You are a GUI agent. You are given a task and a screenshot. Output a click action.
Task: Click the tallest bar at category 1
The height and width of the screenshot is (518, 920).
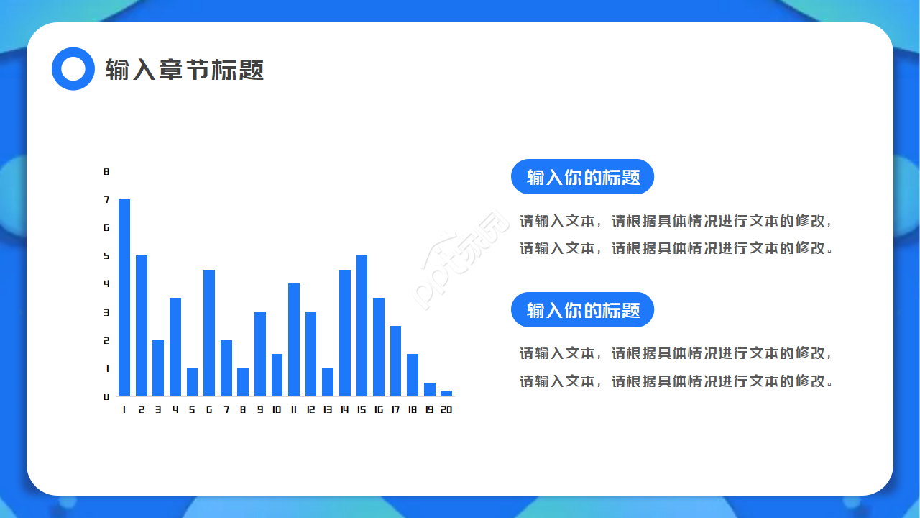pyautogui.click(x=124, y=298)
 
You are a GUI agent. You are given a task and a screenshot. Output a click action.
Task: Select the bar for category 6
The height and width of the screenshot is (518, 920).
pyautogui.click(x=209, y=333)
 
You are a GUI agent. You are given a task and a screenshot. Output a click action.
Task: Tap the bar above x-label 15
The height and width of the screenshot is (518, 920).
pyautogui.click(x=362, y=326)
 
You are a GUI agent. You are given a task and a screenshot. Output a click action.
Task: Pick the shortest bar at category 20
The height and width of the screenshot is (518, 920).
pyautogui.click(x=446, y=394)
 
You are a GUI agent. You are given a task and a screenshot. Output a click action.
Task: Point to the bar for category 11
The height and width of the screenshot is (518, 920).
pyautogui.click(x=294, y=340)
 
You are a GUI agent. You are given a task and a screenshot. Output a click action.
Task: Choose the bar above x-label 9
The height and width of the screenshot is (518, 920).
pyautogui.click(x=260, y=354)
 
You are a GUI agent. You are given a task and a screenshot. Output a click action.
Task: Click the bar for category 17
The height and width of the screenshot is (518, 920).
pyautogui.click(x=395, y=361)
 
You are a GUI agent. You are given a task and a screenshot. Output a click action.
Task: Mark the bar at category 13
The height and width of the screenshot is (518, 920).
pyautogui.click(x=328, y=382)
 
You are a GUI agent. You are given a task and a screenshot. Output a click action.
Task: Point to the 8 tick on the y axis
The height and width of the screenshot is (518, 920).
pyautogui.click(x=106, y=171)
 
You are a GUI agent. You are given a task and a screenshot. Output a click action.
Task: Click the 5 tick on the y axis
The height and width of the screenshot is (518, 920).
pyautogui.click(x=106, y=255)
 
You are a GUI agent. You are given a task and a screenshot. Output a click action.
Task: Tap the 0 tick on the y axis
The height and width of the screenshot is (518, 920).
pyautogui.click(x=106, y=396)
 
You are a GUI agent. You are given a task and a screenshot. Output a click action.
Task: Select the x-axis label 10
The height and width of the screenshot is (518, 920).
pyautogui.click(x=277, y=409)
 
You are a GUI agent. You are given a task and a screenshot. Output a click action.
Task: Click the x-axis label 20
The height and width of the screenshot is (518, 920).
pyautogui.click(x=446, y=409)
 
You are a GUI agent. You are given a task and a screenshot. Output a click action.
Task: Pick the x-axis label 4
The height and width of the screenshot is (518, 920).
pyautogui.click(x=175, y=409)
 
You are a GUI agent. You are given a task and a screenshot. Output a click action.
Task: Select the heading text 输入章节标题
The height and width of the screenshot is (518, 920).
pyautogui.click(x=185, y=70)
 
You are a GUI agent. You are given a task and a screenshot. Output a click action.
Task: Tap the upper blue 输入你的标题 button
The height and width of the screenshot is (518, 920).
pyautogui.click(x=582, y=177)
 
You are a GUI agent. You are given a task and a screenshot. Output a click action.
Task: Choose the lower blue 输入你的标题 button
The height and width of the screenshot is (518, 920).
pyautogui.click(x=582, y=309)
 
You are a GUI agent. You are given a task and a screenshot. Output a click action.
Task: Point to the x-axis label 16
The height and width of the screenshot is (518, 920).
pyautogui.click(x=379, y=409)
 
